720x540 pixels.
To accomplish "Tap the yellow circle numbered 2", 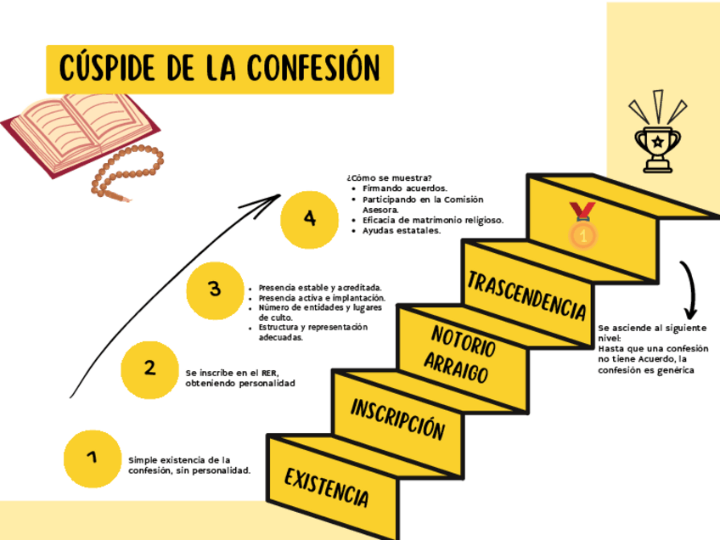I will tap(149, 368).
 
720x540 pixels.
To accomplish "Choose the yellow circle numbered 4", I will tap(309, 219).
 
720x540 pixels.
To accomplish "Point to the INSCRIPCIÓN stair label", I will tap(397, 419).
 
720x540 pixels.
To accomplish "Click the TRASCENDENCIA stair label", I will tap(526, 294).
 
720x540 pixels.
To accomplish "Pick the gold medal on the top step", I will tap(582, 225).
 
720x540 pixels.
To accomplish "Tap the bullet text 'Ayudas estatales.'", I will tap(401, 230).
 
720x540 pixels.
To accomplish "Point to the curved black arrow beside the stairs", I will tap(690, 290).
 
